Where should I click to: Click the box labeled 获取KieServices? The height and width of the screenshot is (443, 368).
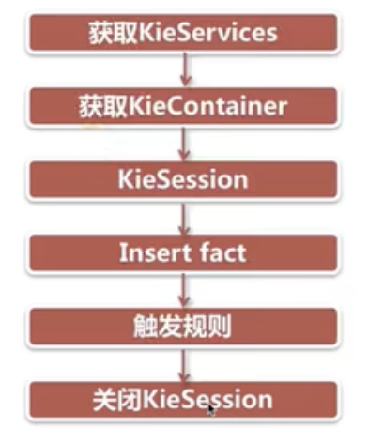[183, 33]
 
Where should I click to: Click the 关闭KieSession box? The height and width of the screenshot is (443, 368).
[183, 400]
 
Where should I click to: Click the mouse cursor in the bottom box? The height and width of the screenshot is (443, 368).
[211, 410]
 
